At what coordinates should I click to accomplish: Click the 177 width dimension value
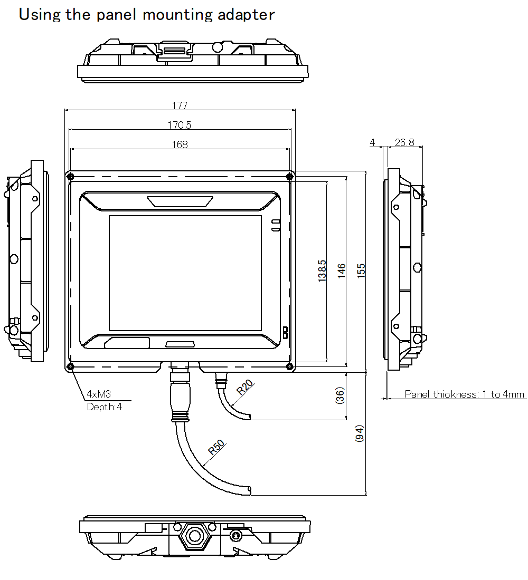[x=180, y=105]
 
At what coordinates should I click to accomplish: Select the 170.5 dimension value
[x=180, y=125]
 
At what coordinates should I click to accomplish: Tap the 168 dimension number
[x=180, y=144]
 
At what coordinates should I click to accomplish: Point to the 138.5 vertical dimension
[x=322, y=271]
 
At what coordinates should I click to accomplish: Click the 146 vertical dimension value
[x=341, y=271]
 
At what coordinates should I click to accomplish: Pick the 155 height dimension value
[x=361, y=271]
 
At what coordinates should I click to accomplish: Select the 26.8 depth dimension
[x=404, y=142]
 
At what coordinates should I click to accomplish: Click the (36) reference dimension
[x=340, y=395]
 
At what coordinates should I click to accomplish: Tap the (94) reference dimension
[x=360, y=433]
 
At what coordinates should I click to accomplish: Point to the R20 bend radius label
[x=245, y=388]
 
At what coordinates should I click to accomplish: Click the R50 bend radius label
[x=216, y=447]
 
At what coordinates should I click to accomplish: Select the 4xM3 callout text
[x=99, y=394]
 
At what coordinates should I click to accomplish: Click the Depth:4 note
[x=104, y=407]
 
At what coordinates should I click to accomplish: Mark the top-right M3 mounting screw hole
[x=290, y=177]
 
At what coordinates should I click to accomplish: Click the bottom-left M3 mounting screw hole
[x=70, y=366]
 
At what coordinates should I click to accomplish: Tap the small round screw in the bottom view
[x=235, y=535]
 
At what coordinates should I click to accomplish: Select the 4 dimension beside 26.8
[x=372, y=142]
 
